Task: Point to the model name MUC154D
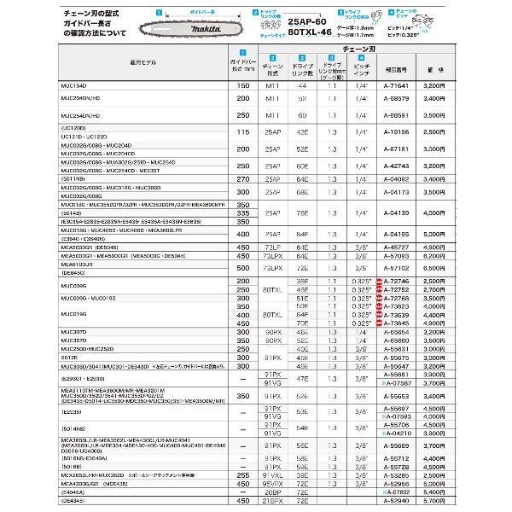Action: (x=76, y=88)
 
